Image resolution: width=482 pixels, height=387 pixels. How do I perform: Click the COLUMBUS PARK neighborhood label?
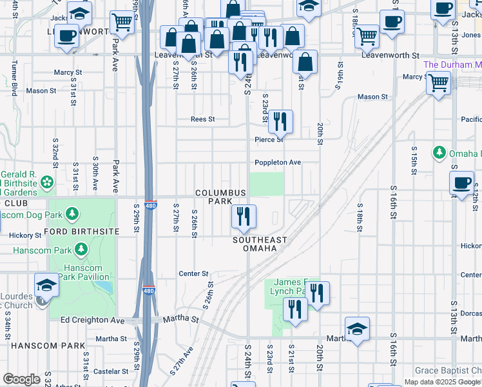tap(220, 197)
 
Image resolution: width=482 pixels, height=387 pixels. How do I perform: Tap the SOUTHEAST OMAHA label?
tap(260, 244)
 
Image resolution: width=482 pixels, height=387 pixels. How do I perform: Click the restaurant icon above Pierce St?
tap(280, 122)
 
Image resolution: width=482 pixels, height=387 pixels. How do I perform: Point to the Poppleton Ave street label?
tap(278, 163)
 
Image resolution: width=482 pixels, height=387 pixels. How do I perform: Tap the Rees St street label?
tap(202, 119)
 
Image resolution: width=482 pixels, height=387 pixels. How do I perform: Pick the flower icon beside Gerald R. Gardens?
tap(47, 184)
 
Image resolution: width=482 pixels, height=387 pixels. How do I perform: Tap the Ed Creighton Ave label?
tap(92, 320)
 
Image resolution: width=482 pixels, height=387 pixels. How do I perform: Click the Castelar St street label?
tap(111, 372)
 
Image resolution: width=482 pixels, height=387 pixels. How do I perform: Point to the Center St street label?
tap(194, 274)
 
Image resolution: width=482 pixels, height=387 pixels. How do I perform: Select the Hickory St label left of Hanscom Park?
tap(25, 236)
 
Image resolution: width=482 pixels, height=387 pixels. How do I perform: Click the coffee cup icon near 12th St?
tap(462, 183)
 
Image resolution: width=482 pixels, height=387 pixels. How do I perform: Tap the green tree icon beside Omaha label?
tap(439, 153)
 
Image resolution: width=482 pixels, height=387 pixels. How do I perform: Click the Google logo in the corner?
tap(21, 380)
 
